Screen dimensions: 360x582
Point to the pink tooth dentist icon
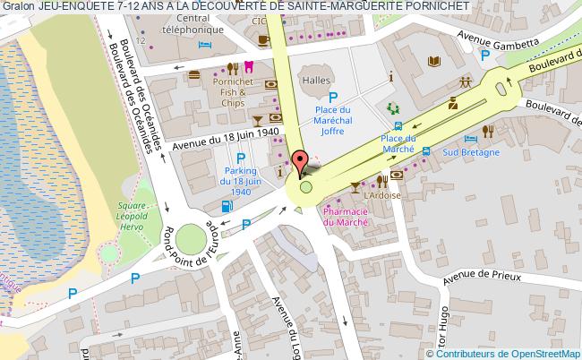tap(248, 66)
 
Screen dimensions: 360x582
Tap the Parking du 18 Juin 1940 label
tap(241, 180)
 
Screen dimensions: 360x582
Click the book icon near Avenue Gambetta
tap(434, 61)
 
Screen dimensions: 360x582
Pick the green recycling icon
tap(392, 108)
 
